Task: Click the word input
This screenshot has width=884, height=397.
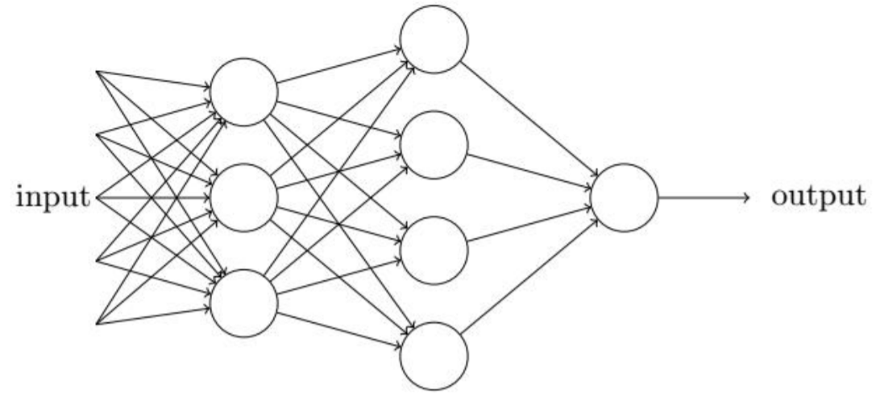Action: point(52,197)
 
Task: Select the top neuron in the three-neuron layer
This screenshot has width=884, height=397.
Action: point(244,92)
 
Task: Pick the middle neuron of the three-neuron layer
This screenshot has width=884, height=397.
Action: point(244,197)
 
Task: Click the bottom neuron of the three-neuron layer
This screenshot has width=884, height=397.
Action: point(244,302)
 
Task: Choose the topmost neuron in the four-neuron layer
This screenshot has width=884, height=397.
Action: point(434,39)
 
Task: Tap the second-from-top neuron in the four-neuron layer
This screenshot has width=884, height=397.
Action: point(434,144)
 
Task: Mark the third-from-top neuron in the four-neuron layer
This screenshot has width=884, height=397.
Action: point(434,250)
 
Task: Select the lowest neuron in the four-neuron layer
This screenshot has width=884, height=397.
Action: point(434,355)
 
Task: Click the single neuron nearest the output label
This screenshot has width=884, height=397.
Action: point(625,197)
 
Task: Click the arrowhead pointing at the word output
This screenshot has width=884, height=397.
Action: point(748,197)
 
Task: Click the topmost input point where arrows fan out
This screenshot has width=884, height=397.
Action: point(97,71)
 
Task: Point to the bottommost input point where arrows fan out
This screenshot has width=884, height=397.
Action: point(97,325)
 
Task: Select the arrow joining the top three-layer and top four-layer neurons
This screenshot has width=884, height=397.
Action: point(338,65)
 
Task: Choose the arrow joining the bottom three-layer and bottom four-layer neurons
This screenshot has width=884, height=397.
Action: point(338,329)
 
